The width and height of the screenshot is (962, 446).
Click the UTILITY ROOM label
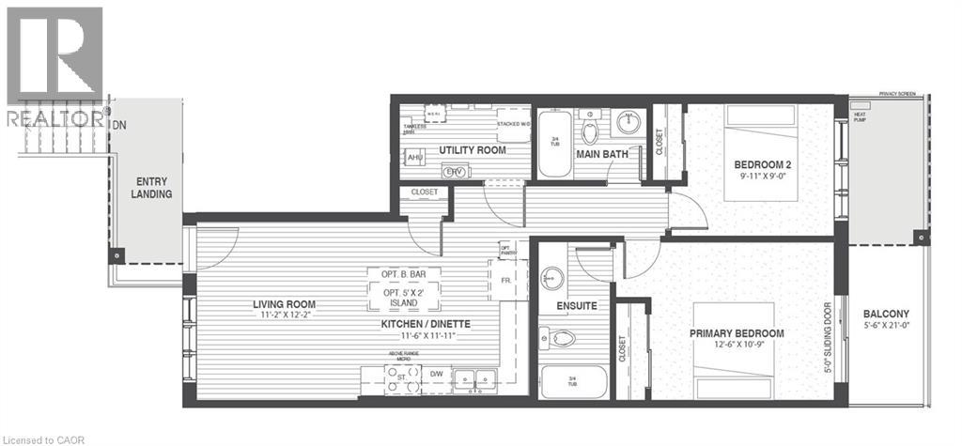(x=473, y=150)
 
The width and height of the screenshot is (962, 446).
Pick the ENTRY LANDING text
(x=152, y=188)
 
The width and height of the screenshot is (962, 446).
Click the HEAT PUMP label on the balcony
(x=860, y=115)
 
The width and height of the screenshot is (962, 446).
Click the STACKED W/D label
(x=514, y=123)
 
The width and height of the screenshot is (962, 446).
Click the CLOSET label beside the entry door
(x=418, y=192)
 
